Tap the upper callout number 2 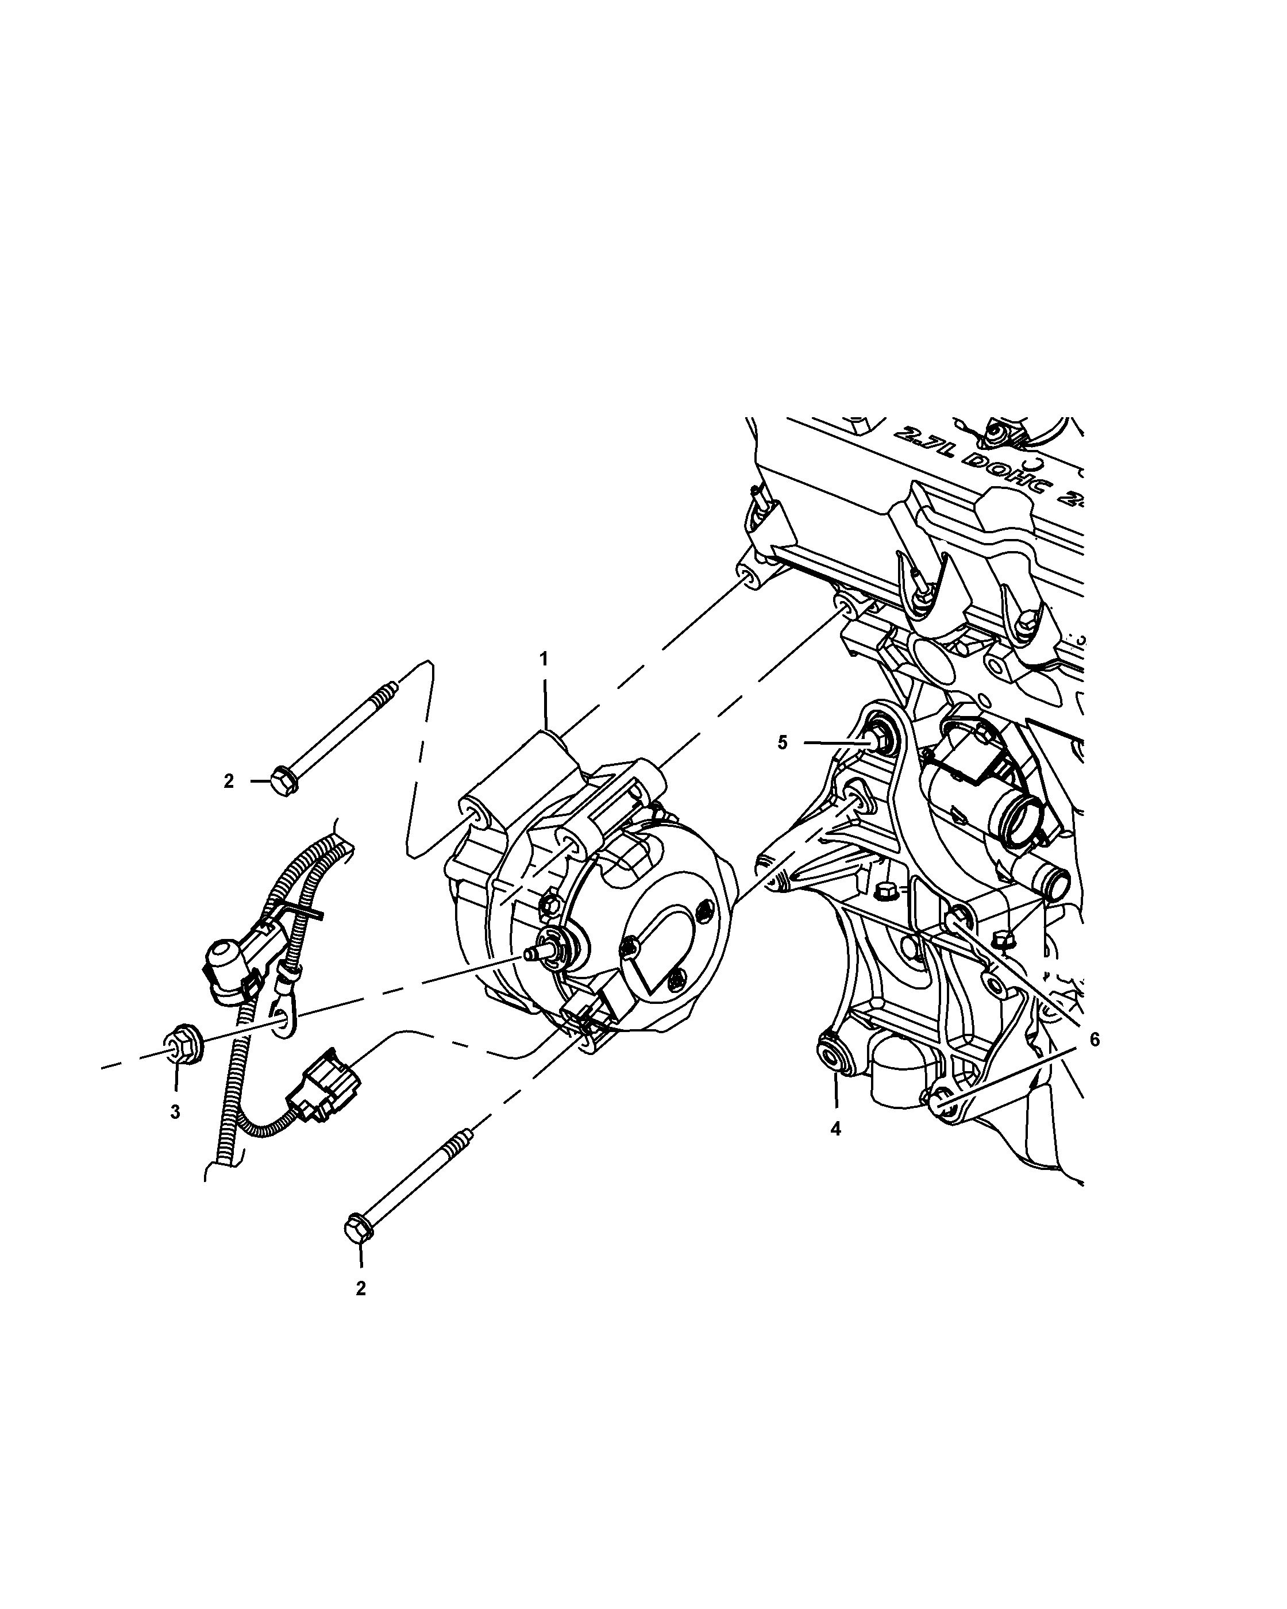[x=228, y=782]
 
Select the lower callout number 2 [x=360, y=1289]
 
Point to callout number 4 [x=835, y=1129]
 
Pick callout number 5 [x=782, y=742]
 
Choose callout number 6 [x=1095, y=1040]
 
